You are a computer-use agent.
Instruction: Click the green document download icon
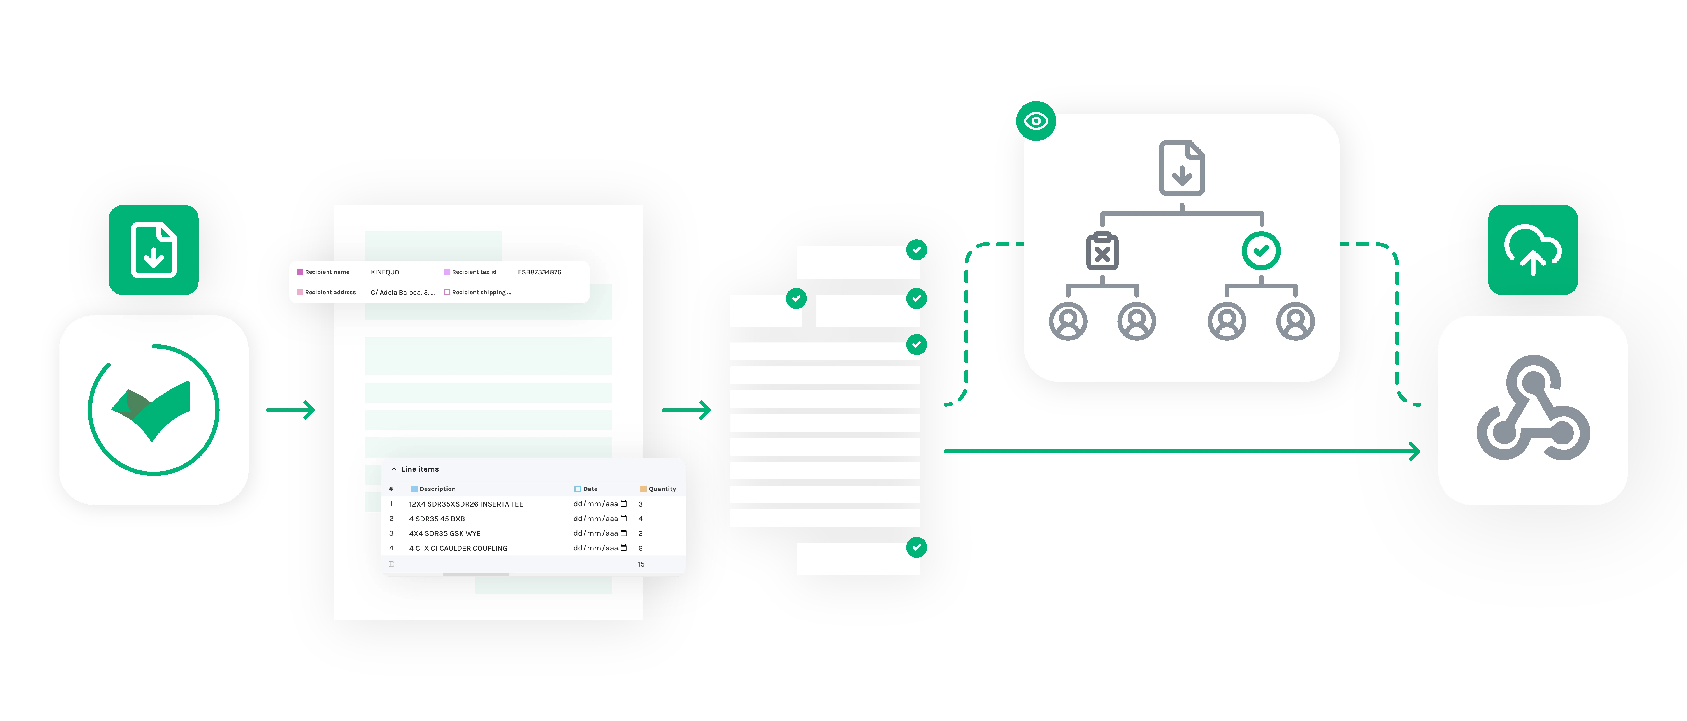point(153,249)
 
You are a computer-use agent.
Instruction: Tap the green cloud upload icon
point(1533,249)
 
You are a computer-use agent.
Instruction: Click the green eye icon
point(1035,121)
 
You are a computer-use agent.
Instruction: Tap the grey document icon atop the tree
point(1181,168)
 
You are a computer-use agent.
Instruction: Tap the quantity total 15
point(641,564)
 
